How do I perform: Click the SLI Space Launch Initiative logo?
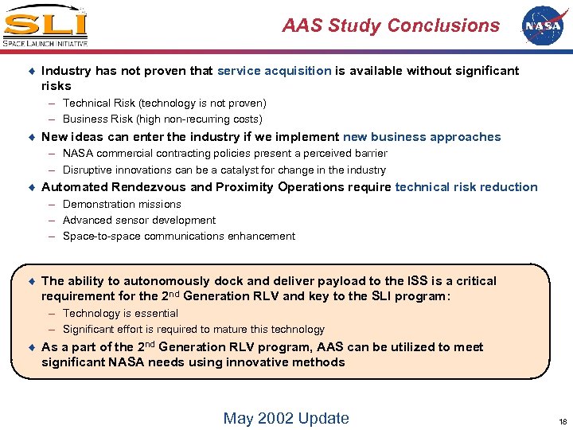tap(45, 26)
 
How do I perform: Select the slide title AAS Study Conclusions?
tap(391, 25)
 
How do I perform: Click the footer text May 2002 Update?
tap(286, 418)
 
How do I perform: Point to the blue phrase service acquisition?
tap(274, 71)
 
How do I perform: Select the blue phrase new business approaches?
tap(422, 137)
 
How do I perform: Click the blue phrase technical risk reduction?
tap(466, 187)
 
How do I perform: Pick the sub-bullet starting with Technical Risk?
tap(164, 104)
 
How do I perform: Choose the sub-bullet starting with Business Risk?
tap(162, 119)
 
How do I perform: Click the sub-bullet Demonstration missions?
tap(122, 205)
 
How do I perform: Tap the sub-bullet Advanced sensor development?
tap(139, 221)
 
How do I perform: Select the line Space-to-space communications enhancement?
tap(178, 236)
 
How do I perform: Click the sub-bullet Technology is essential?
tap(120, 314)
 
